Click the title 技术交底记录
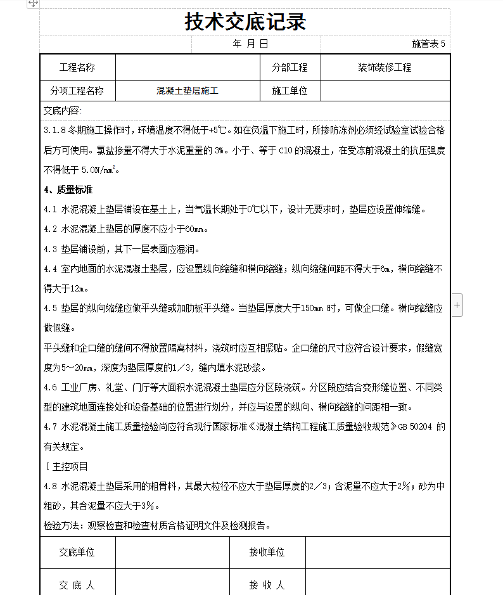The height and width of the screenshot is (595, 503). pyautogui.click(x=245, y=22)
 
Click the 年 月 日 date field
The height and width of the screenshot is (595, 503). pyautogui.click(x=251, y=44)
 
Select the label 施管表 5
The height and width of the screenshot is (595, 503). pyautogui.click(x=429, y=44)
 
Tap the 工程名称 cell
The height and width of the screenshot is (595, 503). pyautogui.click(x=77, y=67)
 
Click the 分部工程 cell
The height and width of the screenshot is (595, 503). pyautogui.click(x=290, y=67)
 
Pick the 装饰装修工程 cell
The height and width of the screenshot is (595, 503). pyautogui.click(x=385, y=67)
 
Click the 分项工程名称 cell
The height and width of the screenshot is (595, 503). pyautogui.click(x=77, y=91)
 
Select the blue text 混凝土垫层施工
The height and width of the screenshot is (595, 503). pyautogui.click(x=188, y=91)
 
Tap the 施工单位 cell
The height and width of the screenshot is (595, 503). pyautogui.click(x=290, y=91)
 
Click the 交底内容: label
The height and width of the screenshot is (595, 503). pyautogui.click(x=63, y=110)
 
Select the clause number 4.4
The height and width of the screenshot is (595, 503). pyautogui.click(x=51, y=269)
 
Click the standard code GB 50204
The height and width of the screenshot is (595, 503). pyautogui.click(x=416, y=427)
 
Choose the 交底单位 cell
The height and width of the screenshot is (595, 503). pyautogui.click(x=77, y=552)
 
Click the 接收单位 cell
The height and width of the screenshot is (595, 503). pyautogui.click(x=267, y=552)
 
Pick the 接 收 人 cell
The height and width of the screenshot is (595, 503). pyautogui.click(x=267, y=585)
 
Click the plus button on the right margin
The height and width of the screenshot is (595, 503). pyautogui.click(x=457, y=305)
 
